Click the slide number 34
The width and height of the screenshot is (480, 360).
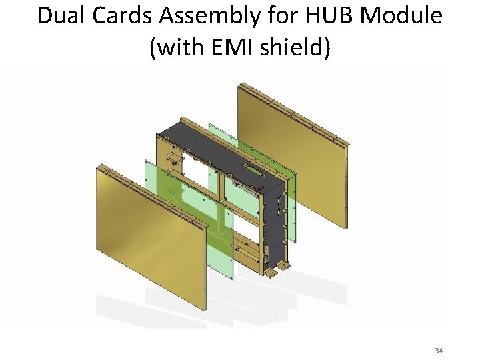point(438,351)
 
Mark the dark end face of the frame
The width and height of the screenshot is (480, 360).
point(275,220)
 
